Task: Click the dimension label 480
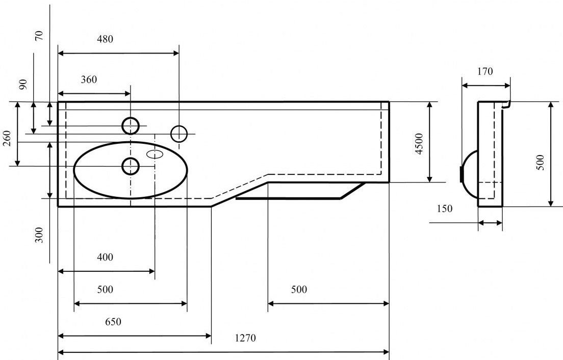(x=106, y=39)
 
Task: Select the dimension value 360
(x=89, y=80)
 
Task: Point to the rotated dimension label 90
(x=23, y=84)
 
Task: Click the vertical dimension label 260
(x=7, y=138)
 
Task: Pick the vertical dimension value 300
(x=40, y=235)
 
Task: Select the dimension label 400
(x=105, y=258)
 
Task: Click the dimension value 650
(x=113, y=322)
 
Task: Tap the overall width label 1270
(x=245, y=338)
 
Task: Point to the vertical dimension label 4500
(x=419, y=144)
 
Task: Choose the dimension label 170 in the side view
(x=485, y=72)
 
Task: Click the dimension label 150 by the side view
(x=444, y=209)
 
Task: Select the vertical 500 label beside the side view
(x=541, y=162)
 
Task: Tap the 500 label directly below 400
(x=105, y=290)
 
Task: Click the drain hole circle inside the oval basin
(x=131, y=166)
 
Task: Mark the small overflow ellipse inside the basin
(x=156, y=153)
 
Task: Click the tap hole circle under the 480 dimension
(x=179, y=134)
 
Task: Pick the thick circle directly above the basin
(x=131, y=125)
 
